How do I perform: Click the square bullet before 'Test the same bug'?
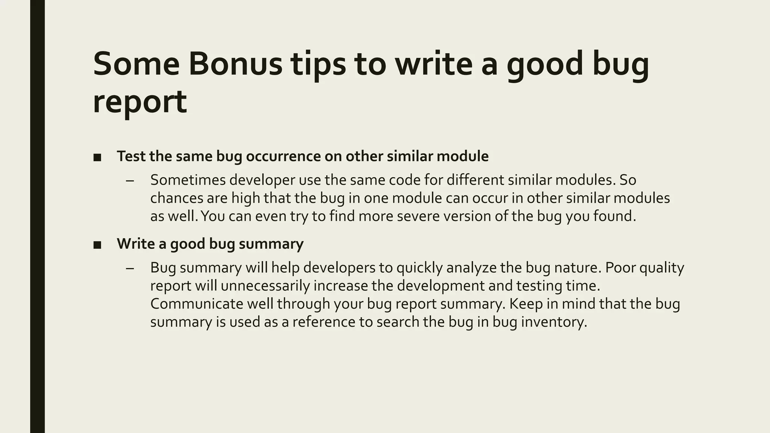tap(97, 157)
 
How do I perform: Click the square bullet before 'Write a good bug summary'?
tap(97, 245)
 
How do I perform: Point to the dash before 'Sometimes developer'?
tap(130, 181)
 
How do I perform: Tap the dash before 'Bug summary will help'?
tap(130, 268)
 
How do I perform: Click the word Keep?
tap(526, 304)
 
